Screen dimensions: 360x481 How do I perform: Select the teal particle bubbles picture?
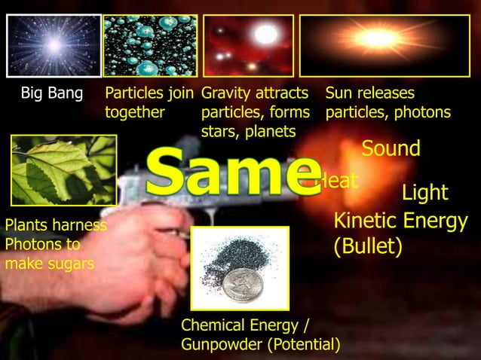coord(150,45)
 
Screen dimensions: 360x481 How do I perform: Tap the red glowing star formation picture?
coord(248,45)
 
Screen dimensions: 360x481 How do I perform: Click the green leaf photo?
coord(63,169)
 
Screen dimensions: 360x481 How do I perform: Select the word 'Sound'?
coord(391,149)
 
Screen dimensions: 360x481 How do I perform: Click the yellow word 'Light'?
coord(424,194)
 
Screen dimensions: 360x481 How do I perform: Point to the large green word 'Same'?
coord(230,172)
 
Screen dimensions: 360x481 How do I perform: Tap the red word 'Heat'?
coord(335,182)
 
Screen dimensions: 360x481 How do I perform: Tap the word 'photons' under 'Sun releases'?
coord(426,113)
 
